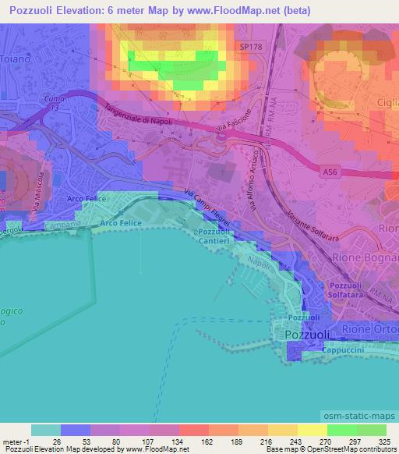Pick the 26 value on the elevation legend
point(57,442)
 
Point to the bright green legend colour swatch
point(341,430)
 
